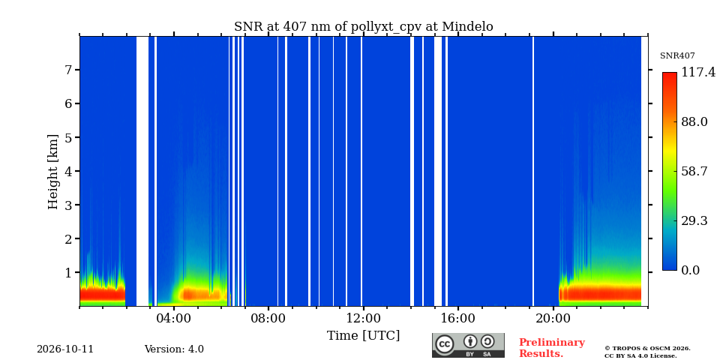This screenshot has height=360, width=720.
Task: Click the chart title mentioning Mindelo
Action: (x=363, y=27)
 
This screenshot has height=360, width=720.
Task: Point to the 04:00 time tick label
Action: (x=174, y=319)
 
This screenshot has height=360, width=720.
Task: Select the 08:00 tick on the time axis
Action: (x=268, y=319)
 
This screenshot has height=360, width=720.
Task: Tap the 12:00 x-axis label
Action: (x=363, y=319)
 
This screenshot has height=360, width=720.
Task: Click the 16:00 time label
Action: (x=458, y=319)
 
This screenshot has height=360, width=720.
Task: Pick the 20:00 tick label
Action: (x=553, y=319)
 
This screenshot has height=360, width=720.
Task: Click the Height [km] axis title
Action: (x=53, y=172)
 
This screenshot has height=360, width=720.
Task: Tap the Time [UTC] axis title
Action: (x=363, y=336)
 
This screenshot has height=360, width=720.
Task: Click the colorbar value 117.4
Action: (x=698, y=72)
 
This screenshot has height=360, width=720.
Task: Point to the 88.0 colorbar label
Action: (x=694, y=121)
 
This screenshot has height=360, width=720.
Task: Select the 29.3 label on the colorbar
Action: (x=694, y=220)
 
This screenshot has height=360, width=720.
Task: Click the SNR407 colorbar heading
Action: (x=677, y=56)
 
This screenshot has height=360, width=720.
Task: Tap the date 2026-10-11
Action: (x=65, y=349)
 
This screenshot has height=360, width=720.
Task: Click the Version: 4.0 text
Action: (x=174, y=349)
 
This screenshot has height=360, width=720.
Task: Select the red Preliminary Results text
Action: (x=552, y=348)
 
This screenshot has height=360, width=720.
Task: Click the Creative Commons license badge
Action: (x=468, y=345)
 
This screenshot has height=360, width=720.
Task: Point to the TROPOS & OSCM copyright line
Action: (x=647, y=349)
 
